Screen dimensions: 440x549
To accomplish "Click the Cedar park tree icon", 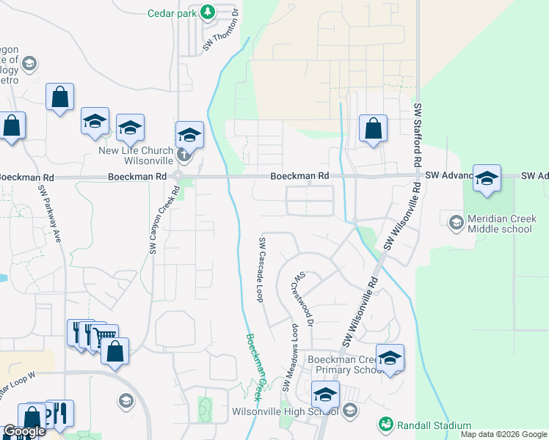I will pos(208,12).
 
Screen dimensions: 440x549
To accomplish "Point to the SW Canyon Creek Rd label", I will pos(164,219).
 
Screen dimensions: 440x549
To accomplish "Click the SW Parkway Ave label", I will pos(49,213).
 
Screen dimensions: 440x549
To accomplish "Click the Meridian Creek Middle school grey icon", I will pos(455,221).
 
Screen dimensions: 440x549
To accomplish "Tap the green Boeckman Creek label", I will pos(255,367).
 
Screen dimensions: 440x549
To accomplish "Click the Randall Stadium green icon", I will pos(385,425).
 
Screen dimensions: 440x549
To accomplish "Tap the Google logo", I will pos(23,431).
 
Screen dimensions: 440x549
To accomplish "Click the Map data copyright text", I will pos(503,434).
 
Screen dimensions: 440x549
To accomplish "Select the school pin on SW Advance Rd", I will pos(487,178).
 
